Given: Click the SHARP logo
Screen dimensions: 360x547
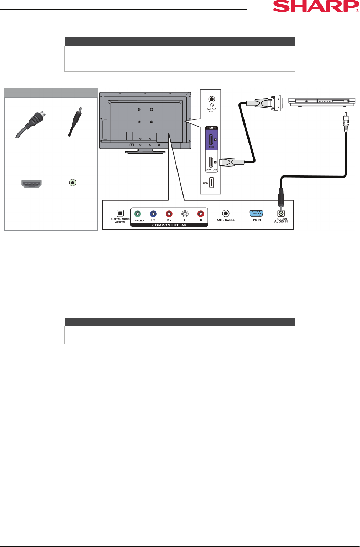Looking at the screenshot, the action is click(316, 6).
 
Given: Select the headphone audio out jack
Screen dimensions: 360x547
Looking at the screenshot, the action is click(211, 99).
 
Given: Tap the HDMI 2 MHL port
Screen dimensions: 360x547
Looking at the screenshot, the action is click(211, 139).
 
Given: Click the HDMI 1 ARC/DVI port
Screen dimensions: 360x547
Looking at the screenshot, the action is click(211, 162).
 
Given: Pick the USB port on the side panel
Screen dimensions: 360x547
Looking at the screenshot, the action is click(211, 183).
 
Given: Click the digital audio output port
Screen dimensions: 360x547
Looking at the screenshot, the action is click(120, 214).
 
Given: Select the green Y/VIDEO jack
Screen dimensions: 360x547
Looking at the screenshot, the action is click(138, 214).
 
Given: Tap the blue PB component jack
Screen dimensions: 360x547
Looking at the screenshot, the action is click(153, 214).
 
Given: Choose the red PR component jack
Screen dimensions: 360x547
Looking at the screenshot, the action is click(169, 214).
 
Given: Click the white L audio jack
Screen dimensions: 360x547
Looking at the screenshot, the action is click(185, 214).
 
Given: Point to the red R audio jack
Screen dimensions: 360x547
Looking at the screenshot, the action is click(201, 214).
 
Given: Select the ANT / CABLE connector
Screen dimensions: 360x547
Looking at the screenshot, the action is click(226, 214).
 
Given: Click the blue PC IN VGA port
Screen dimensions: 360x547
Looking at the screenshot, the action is click(256, 214).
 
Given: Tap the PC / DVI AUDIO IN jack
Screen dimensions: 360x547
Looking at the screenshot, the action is click(281, 214).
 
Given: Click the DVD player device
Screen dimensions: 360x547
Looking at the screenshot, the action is click(322, 102).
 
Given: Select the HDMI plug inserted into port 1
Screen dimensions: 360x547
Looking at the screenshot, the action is click(231, 162).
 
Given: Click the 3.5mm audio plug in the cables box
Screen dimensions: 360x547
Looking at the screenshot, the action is click(75, 121).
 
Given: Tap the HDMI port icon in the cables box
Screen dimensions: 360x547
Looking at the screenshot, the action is click(31, 184).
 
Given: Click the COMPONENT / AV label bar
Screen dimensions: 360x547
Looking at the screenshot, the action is click(169, 225).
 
